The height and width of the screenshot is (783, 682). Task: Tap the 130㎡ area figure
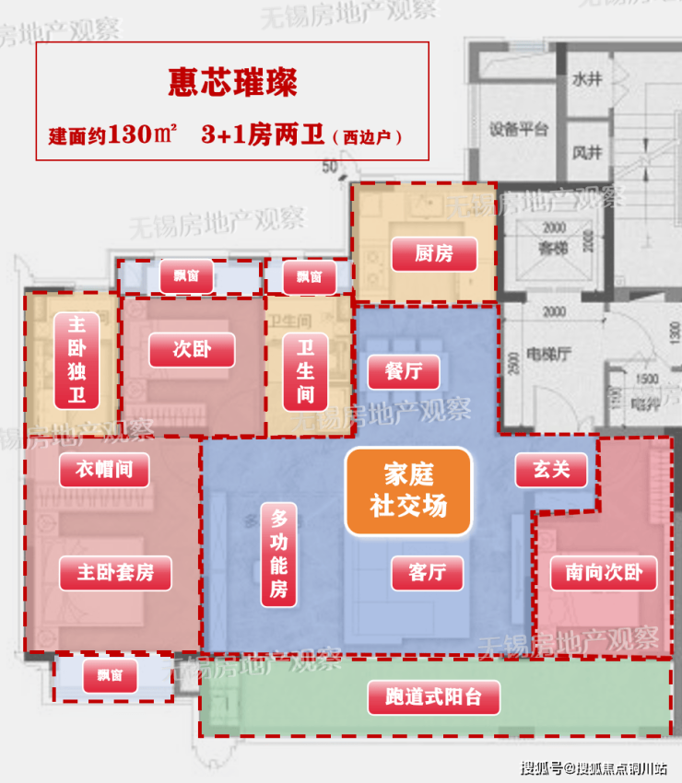(143, 134)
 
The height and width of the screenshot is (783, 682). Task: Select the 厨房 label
(434, 253)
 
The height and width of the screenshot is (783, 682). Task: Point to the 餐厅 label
(403, 371)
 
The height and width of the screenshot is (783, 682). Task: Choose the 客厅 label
(426, 572)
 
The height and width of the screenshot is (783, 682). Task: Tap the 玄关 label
(549, 471)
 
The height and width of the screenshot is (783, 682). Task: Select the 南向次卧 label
(604, 573)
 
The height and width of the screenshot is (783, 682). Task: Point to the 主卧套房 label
(115, 573)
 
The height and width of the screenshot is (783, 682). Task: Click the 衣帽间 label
(103, 470)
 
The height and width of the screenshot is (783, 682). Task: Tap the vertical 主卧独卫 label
(77, 360)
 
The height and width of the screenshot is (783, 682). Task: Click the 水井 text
(586, 79)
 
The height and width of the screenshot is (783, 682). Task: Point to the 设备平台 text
(519, 129)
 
